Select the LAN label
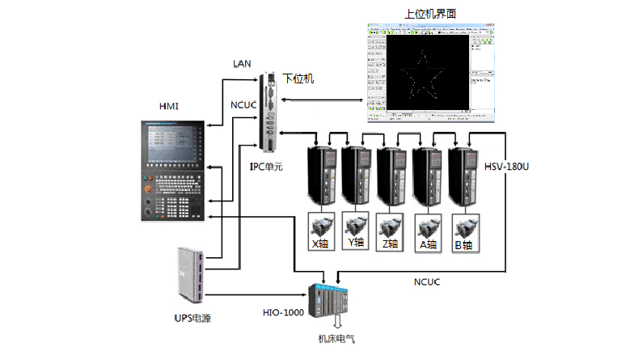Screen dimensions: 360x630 click(x=242, y=63)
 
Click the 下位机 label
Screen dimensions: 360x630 click(x=298, y=78)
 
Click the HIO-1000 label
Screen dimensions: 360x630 click(x=282, y=312)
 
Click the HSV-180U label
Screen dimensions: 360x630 click(x=507, y=167)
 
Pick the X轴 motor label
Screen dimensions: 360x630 click(x=321, y=243)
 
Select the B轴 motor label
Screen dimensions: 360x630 click(x=463, y=243)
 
